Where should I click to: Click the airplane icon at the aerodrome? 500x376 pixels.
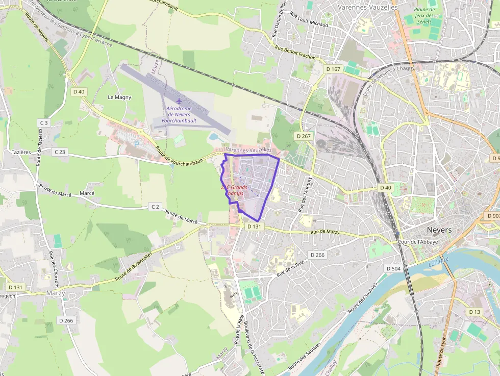click(x=179, y=101)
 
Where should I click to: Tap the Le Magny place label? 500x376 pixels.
click(x=119, y=97)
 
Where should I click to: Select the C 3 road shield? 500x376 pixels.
click(x=43, y=123)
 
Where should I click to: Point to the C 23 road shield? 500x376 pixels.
click(x=60, y=152)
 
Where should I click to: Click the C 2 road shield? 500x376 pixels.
click(x=155, y=207)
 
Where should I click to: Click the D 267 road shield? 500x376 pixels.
click(x=303, y=136)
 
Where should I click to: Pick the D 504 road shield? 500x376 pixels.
click(x=393, y=268)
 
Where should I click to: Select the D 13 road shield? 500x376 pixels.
click(x=474, y=312)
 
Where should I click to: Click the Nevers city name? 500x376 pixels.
click(x=439, y=230)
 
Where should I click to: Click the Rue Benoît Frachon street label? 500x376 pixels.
click(x=295, y=53)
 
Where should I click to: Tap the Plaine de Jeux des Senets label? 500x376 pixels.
click(x=424, y=15)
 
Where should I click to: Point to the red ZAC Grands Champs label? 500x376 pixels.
click(x=234, y=190)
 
